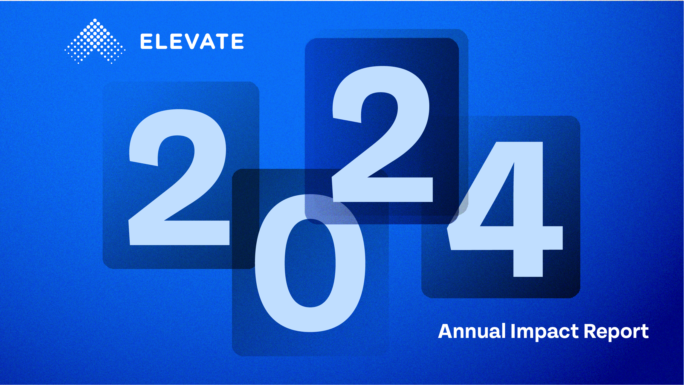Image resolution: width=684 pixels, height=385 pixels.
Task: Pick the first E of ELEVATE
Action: pos(146,41)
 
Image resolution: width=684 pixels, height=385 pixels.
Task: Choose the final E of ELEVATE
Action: pos(238,41)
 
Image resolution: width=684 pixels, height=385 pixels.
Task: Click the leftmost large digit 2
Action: pos(179,177)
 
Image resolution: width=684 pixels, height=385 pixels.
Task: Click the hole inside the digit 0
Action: pos(310,263)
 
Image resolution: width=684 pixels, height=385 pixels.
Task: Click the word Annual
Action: pos(472,331)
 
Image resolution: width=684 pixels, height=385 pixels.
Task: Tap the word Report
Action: pos(616,332)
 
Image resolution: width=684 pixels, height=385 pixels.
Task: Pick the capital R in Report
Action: pos(590,331)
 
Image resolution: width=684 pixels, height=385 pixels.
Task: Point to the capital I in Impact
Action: pos(513,331)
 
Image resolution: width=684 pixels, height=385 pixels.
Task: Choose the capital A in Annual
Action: pos(446,331)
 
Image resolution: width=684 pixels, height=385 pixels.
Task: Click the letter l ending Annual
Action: pos(503,331)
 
